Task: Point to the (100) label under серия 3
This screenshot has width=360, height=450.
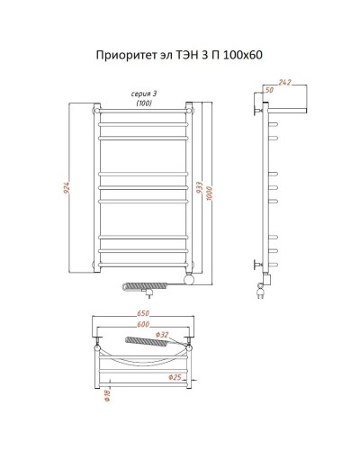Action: [142, 103]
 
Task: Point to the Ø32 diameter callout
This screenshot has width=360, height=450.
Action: [186, 336]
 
